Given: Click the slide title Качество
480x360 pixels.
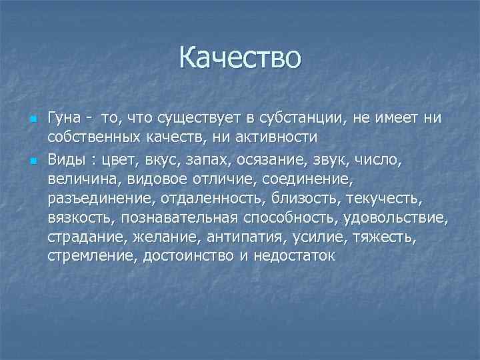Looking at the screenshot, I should [240, 58].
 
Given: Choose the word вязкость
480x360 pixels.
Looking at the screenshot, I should [75, 217].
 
